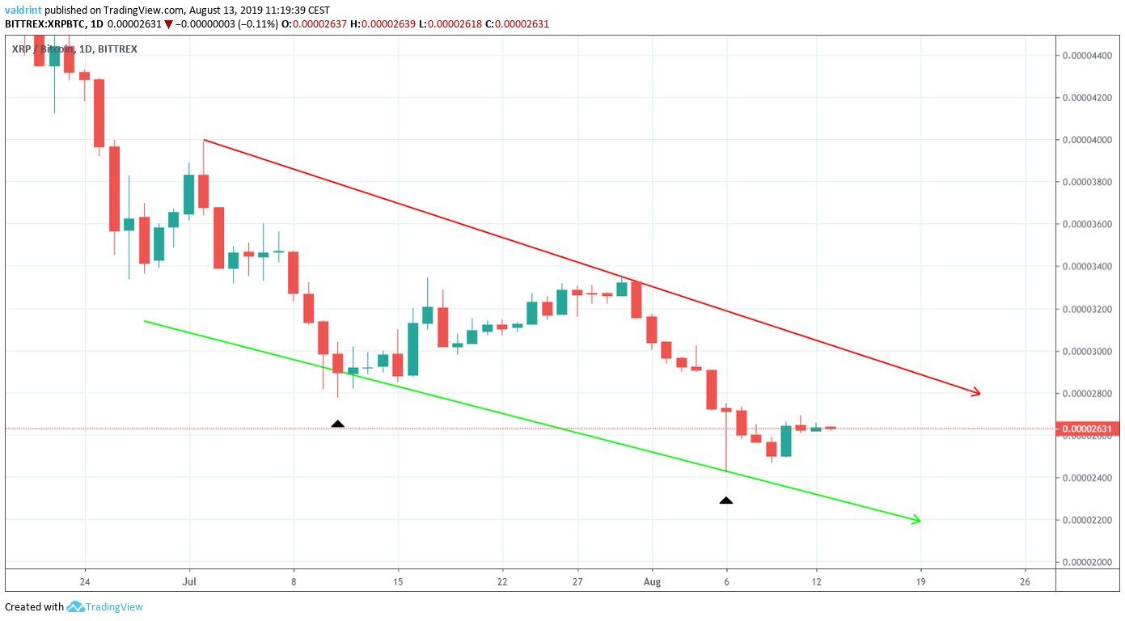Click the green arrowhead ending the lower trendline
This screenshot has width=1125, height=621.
pyautogui.click(x=916, y=520)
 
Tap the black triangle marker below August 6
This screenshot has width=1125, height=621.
pyautogui.click(x=726, y=501)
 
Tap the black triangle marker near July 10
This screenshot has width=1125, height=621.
pyautogui.click(x=338, y=424)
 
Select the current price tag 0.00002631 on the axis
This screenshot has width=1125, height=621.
pyautogui.click(x=1088, y=429)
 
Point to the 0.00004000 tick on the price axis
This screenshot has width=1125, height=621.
pyautogui.click(x=1088, y=140)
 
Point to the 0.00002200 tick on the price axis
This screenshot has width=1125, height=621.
pyautogui.click(x=1088, y=519)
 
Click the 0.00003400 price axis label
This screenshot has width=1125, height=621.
pyautogui.click(x=1088, y=266)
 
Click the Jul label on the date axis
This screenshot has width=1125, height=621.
pyautogui.click(x=190, y=581)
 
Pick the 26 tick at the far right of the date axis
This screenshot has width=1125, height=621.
pyautogui.click(x=1026, y=581)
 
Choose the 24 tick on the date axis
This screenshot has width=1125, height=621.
pyautogui.click(x=85, y=581)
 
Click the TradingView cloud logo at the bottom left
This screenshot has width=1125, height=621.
pyautogui.click(x=76, y=606)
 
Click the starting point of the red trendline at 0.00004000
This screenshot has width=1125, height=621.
pyautogui.click(x=204, y=140)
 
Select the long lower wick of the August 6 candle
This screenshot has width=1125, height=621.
pyautogui.click(x=726, y=445)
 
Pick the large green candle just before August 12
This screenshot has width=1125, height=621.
pyautogui.click(x=786, y=441)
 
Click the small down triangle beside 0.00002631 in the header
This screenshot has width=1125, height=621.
pyautogui.click(x=168, y=24)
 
